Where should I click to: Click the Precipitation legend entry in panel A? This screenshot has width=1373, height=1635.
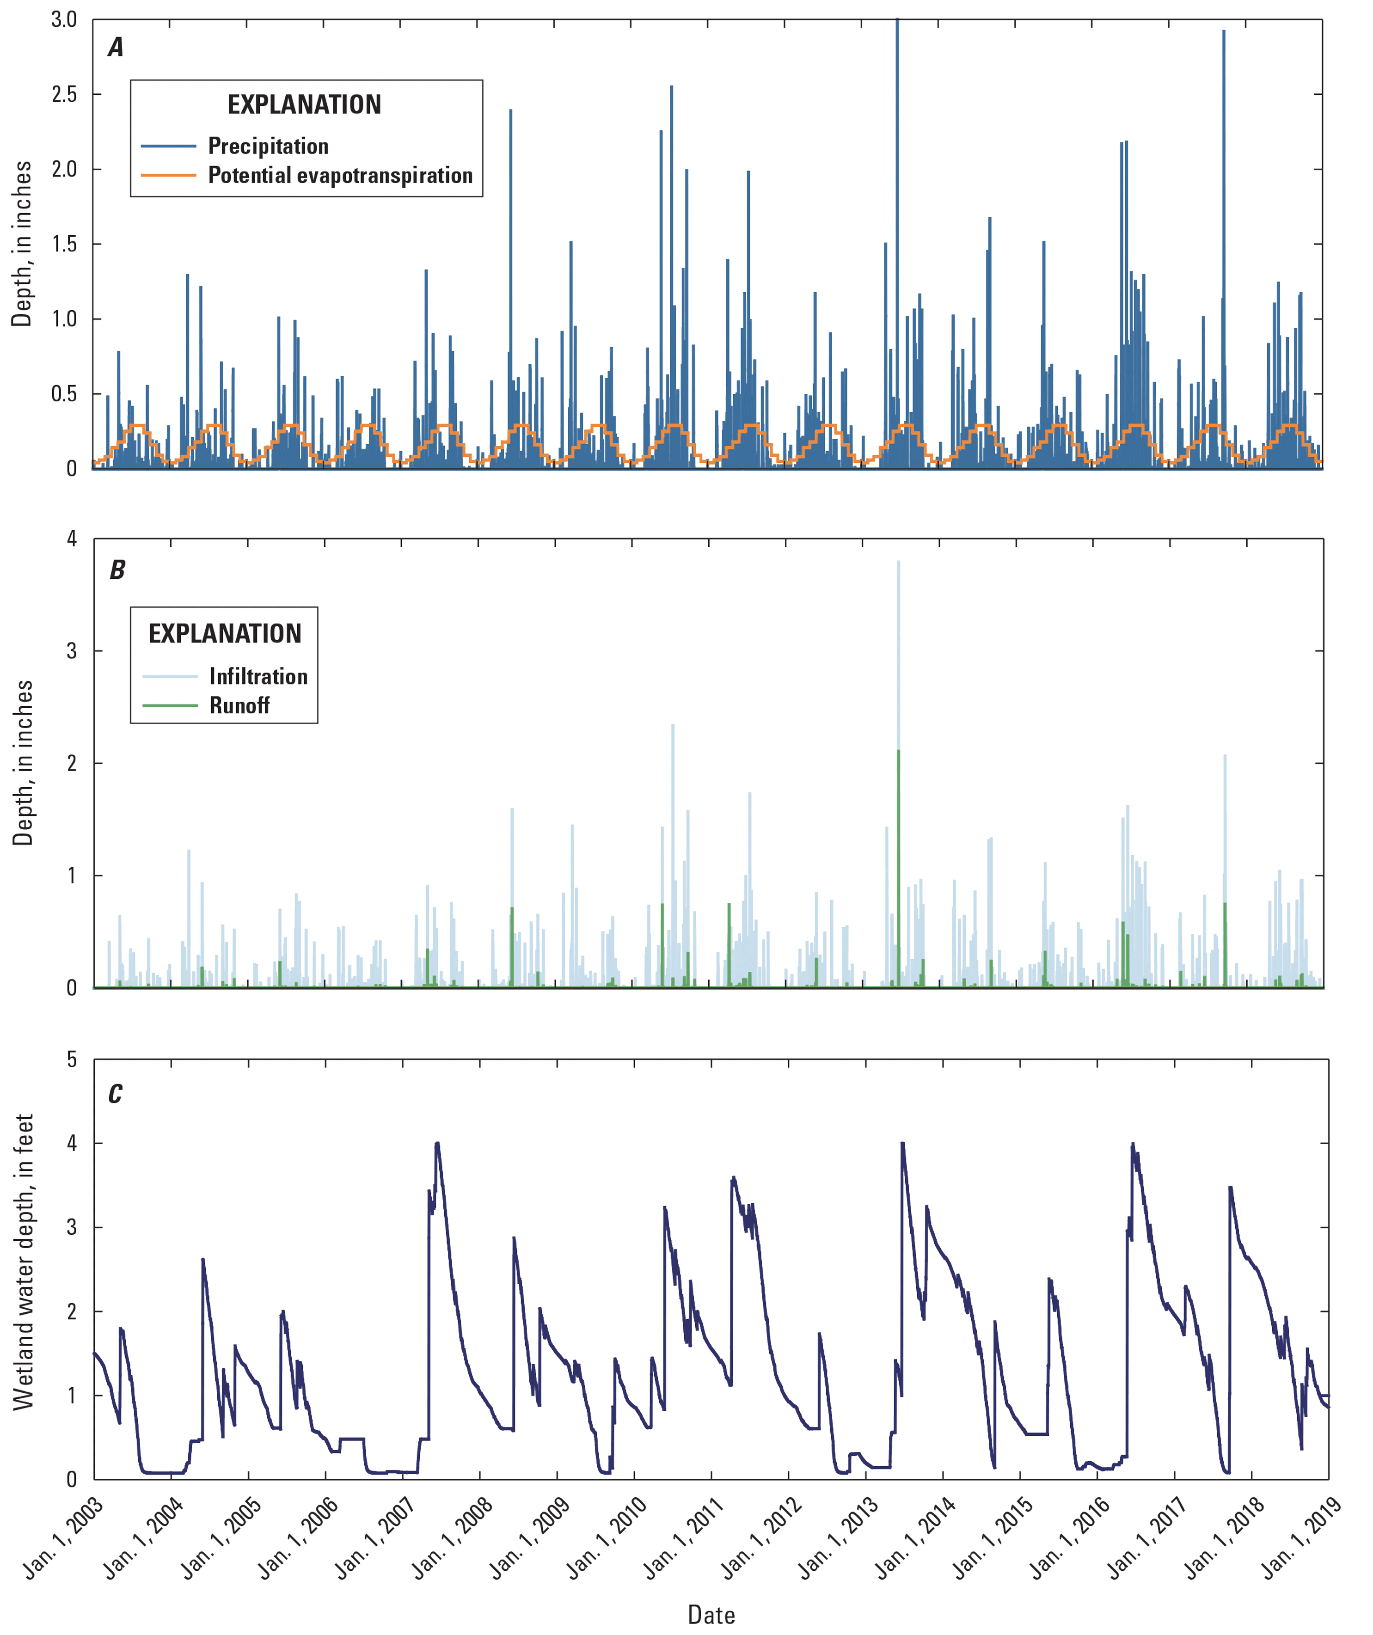(x=268, y=147)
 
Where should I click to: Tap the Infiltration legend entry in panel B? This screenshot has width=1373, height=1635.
(x=258, y=677)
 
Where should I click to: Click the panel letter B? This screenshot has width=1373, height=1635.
(x=117, y=570)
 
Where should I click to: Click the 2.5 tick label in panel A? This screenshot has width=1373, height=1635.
(x=64, y=95)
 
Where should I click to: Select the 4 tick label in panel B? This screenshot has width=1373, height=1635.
(x=72, y=539)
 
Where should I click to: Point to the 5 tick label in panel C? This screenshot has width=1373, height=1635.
(x=72, y=1059)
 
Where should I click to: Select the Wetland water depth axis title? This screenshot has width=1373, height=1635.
(x=24, y=1261)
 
